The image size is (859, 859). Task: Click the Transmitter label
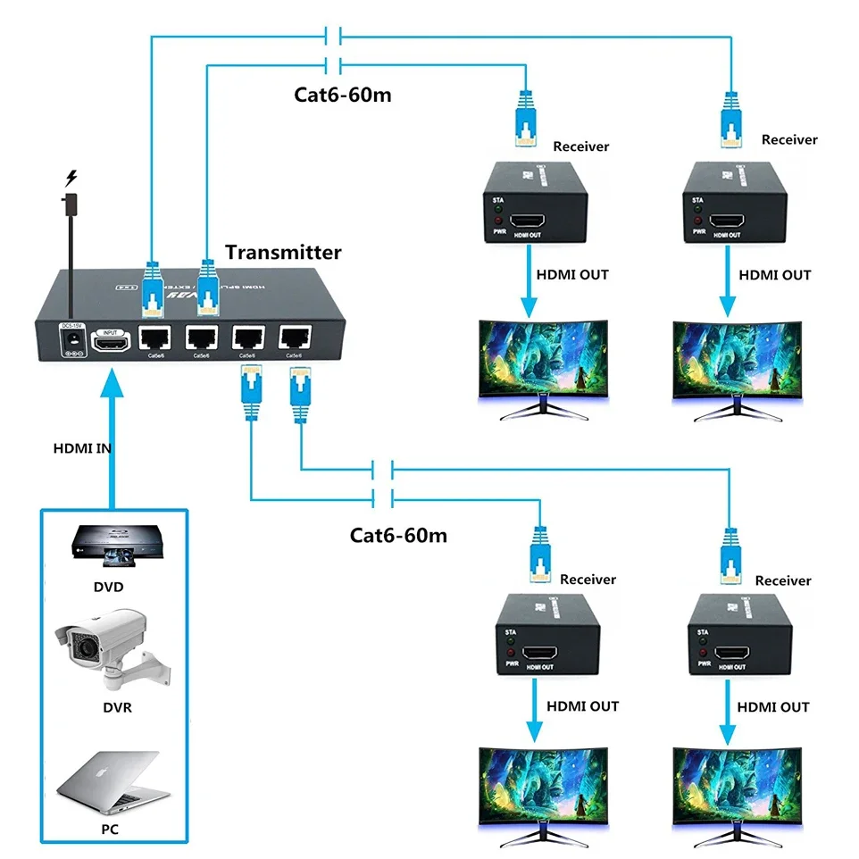tap(283, 253)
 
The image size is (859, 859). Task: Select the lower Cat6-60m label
tap(398, 535)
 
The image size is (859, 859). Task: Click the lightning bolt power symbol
tap(71, 178)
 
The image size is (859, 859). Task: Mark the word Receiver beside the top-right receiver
tap(789, 139)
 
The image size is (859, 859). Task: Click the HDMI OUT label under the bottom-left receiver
tap(584, 706)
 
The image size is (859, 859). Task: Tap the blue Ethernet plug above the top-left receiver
tap(526, 119)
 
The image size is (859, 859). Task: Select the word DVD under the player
tap(108, 588)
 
